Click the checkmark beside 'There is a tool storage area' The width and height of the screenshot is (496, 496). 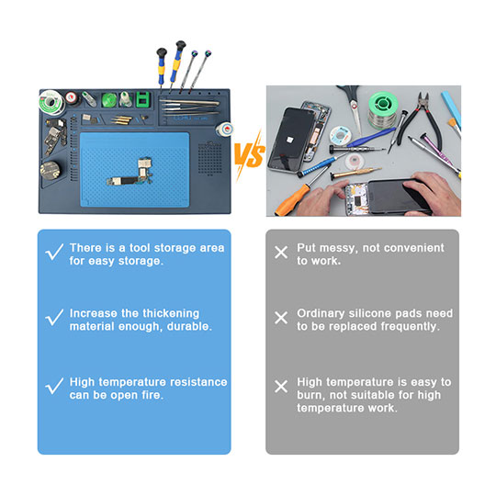(x=55, y=253)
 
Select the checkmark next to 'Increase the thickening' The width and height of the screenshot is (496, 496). (x=55, y=318)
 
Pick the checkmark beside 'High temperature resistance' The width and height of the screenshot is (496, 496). (x=55, y=386)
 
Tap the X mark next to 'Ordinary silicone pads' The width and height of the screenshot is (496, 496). (x=281, y=318)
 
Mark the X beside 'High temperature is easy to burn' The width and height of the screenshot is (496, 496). (x=281, y=386)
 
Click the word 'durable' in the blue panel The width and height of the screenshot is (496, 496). (x=189, y=326)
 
